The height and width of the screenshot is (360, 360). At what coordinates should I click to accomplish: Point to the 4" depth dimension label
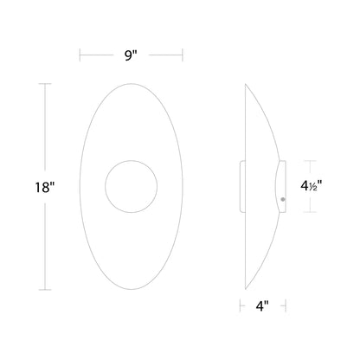[262, 305]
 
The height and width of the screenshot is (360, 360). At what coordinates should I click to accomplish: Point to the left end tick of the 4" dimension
[241, 305]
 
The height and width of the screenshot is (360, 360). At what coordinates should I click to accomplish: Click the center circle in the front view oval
[132, 186]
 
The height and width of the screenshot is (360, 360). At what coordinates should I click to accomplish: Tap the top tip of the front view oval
[132, 83]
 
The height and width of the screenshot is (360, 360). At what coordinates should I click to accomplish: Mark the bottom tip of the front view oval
[132, 289]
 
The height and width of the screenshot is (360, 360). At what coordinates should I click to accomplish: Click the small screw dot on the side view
[282, 200]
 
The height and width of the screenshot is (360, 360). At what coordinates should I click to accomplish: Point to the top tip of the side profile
[246, 84]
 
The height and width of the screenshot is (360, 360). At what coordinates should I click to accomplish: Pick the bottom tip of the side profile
[246, 289]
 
